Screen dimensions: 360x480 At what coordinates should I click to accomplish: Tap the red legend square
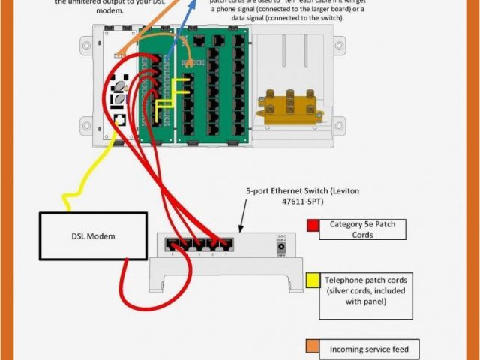(x=313, y=225)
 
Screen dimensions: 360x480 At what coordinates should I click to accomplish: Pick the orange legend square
(x=313, y=346)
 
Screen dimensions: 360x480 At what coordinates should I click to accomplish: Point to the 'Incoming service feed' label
(x=361, y=349)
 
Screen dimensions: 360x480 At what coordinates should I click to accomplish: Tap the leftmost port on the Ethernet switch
(x=172, y=244)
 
